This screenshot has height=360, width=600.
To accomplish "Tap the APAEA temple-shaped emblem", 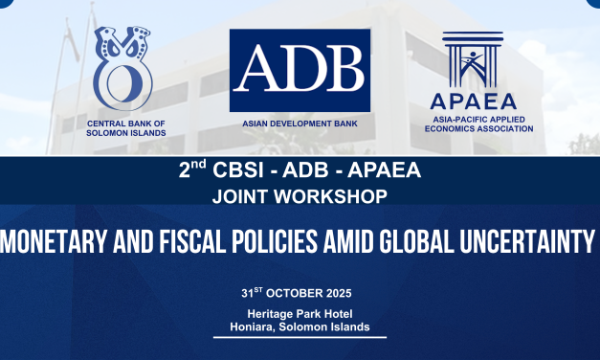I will coord(472,60).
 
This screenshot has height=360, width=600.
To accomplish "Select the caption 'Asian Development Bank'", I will coord(300,124).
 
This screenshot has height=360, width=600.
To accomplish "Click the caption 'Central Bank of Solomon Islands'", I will coord(125,128).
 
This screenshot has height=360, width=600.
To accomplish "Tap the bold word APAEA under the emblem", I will coord(472,101).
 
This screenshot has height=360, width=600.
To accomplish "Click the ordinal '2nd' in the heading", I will coord(192,171).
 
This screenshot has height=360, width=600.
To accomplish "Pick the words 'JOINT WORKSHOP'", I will coord(300,195).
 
